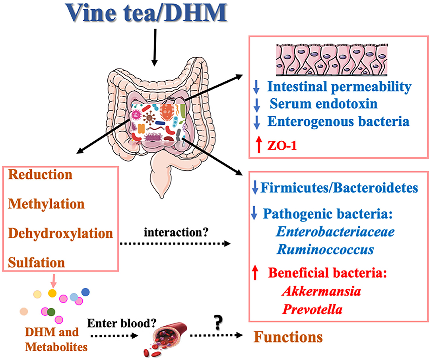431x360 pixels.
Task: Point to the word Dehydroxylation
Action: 60,234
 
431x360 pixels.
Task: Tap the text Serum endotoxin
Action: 323,104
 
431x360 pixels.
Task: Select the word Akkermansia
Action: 321,292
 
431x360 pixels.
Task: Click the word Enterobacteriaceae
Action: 336,232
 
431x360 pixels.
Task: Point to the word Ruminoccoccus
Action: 325,250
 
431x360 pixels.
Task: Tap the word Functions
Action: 288,337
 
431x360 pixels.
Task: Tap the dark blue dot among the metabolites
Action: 85,292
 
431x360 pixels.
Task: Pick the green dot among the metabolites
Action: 50,312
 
